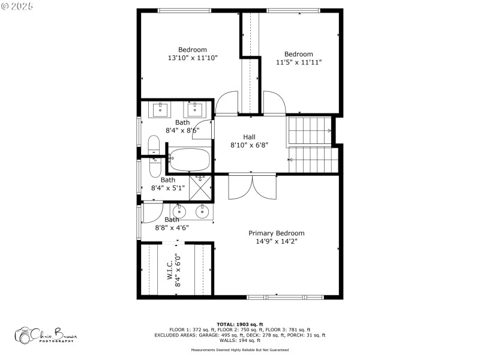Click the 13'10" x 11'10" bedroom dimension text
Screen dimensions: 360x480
click(193, 58)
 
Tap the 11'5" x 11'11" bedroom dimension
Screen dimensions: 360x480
click(299, 62)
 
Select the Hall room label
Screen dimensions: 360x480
click(249, 137)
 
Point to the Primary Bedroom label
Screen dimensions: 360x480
click(277, 233)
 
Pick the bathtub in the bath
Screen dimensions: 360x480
click(189, 160)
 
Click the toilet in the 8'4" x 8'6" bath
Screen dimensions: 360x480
click(154, 148)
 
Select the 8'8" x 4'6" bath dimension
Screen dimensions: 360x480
click(173, 228)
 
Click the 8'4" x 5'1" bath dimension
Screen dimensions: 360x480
click(168, 188)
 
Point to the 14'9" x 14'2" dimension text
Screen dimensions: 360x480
click(277, 241)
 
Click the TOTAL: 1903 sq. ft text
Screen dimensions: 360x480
click(239, 324)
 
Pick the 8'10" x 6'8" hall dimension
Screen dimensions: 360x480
click(249, 145)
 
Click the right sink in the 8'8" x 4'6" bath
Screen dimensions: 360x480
click(202, 211)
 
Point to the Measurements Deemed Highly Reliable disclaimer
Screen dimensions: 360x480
click(239, 350)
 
